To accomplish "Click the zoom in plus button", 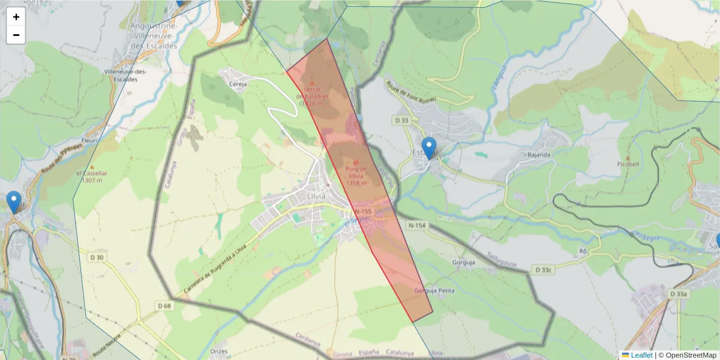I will click(x=16, y=17).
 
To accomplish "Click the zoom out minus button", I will click(x=16, y=35).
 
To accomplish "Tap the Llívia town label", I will click(x=315, y=196).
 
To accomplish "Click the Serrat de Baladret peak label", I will click(x=313, y=96).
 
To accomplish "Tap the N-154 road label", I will click(x=416, y=226).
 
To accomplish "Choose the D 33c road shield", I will click(x=543, y=270).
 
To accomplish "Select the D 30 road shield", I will click(x=97, y=257).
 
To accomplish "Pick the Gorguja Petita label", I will click(x=434, y=291).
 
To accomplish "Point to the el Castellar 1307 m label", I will click(x=92, y=176).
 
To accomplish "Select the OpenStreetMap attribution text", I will click(x=687, y=355).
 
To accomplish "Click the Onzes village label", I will click(x=220, y=350).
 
